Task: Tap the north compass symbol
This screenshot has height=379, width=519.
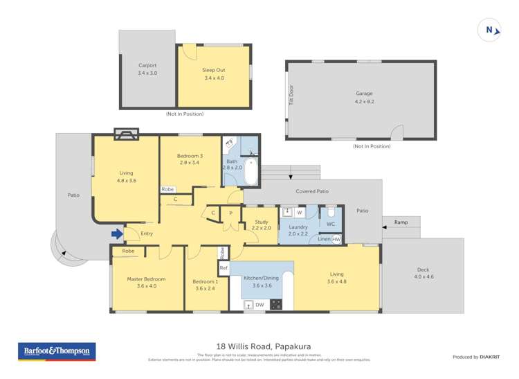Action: pyautogui.click(x=489, y=30)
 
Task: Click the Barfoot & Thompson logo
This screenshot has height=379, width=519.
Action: pyautogui.click(x=56, y=352)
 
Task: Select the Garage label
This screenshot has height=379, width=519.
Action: pyautogui.click(x=364, y=97)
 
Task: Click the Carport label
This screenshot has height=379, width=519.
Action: pyautogui.click(x=147, y=69)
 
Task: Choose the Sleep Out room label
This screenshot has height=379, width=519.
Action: pyautogui.click(x=214, y=74)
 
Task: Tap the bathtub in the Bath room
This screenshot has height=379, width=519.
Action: pyautogui.click(x=250, y=172)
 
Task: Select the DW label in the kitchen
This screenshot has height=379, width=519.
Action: pyautogui.click(x=259, y=304)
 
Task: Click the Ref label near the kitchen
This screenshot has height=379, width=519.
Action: pyautogui.click(x=223, y=267)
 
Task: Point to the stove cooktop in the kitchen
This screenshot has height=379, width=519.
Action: pyautogui.click(x=276, y=303)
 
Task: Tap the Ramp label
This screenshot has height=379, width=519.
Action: pyautogui.click(x=401, y=222)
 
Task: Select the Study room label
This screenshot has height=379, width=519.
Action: pyautogui.click(x=261, y=224)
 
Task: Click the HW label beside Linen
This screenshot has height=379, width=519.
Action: pyautogui.click(x=337, y=239)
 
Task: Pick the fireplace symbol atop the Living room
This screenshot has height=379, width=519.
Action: pyautogui.click(x=126, y=134)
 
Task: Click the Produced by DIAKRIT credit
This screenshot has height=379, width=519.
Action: pyautogui.click(x=476, y=357)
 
